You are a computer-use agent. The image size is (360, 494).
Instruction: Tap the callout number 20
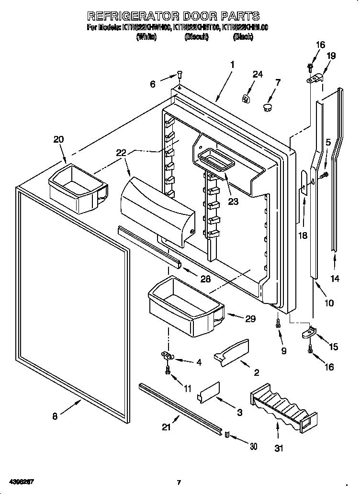[58, 139]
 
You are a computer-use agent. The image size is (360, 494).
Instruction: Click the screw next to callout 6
[179, 75]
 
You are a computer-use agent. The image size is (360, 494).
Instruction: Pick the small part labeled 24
[247, 99]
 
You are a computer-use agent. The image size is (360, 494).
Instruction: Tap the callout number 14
[335, 279]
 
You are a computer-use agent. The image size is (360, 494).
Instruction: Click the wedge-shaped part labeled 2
[232, 353]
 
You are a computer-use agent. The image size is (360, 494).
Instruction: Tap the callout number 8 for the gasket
[55, 416]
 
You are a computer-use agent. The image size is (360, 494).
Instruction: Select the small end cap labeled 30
[227, 434]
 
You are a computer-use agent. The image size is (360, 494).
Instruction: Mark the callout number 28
[205, 279]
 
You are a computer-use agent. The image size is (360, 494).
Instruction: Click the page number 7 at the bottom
[179, 482]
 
